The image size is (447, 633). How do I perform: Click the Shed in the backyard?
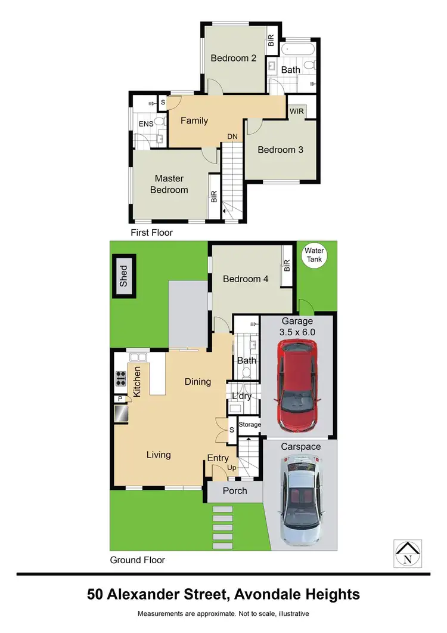click(124, 277)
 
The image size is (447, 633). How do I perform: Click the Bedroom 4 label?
click(241, 279)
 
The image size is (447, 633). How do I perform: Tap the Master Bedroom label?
click(169, 184)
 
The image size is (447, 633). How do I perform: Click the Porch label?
click(235, 491)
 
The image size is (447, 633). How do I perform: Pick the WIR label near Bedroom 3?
click(296, 112)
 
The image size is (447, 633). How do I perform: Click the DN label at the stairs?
click(232, 137)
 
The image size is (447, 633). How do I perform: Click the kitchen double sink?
click(139, 357)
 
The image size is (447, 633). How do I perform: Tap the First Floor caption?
click(151, 232)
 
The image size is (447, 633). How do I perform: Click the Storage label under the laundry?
click(250, 424)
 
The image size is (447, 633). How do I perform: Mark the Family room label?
click(194, 121)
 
